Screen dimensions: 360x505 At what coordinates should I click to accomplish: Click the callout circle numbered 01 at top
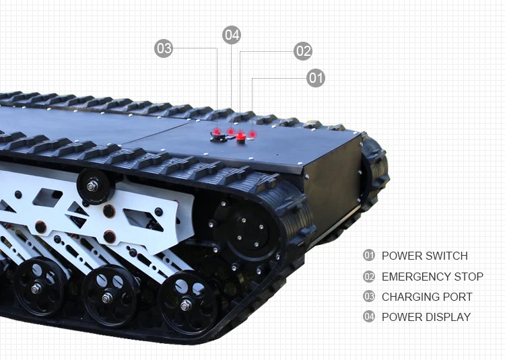(x=316, y=78)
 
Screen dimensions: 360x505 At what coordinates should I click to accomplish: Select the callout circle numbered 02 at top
(x=303, y=51)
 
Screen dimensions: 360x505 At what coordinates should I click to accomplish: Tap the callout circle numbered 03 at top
(x=164, y=48)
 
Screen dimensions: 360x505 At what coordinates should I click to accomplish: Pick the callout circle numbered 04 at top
(x=232, y=35)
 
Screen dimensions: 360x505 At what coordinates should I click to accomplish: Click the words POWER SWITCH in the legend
(x=424, y=256)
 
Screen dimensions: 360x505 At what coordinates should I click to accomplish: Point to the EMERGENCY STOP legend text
(x=432, y=277)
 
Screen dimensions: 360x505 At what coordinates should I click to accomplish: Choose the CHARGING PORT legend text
(x=427, y=297)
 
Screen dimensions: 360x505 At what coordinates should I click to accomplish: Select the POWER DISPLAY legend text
(x=426, y=317)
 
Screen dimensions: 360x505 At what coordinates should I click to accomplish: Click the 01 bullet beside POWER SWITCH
(x=368, y=256)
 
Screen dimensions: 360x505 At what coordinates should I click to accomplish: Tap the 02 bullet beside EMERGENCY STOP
(x=368, y=277)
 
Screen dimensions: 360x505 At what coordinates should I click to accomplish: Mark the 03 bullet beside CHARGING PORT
(x=368, y=297)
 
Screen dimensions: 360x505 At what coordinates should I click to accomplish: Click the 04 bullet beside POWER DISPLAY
(x=368, y=317)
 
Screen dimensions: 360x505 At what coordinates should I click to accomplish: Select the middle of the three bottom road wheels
(x=108, y=295)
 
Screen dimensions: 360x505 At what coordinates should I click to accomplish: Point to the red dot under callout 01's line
(x=253, y=134)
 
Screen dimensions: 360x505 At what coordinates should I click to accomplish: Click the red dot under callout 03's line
(x=217, y=131)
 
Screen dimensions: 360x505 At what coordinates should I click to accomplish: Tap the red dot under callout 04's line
(x=232, y=131)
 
